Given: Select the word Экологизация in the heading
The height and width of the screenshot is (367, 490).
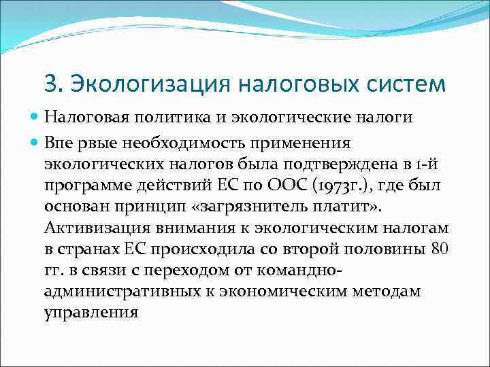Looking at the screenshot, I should [148, 84].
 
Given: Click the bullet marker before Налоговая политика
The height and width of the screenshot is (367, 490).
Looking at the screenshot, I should [35, 117].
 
